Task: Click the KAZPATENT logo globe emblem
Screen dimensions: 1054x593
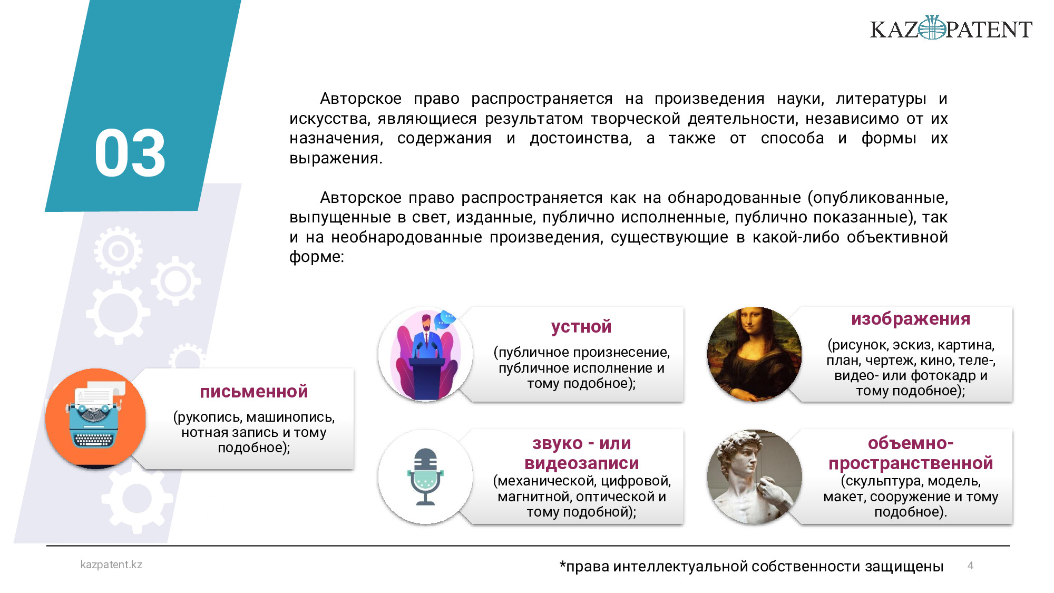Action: (x=932, y=27)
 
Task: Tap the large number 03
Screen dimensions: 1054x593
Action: (x=130, y=153)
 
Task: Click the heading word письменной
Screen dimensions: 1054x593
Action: (x=254, y=392)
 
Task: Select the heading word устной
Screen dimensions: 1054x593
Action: (x=581, y=327)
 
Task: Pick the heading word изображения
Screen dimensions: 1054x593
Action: (x=911, y=319)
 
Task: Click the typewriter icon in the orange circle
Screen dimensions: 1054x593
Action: (x=95, y=416)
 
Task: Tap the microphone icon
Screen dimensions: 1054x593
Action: (x=425, y=477)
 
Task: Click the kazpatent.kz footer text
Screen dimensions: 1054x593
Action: (x=111, y=565)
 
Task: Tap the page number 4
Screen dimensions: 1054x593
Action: (x=970, y=566)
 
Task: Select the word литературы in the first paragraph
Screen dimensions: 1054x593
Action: (x=881, y=99)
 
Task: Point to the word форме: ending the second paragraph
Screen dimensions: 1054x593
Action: (x=316, y=257)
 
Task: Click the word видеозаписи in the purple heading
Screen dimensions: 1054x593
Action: (x=581, y=463)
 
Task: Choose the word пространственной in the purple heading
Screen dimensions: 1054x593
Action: (x=911, y=463)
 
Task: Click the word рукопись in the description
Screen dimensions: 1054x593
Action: (x=210, y=417)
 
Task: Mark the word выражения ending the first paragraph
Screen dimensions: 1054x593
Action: (x=336, y=158)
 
